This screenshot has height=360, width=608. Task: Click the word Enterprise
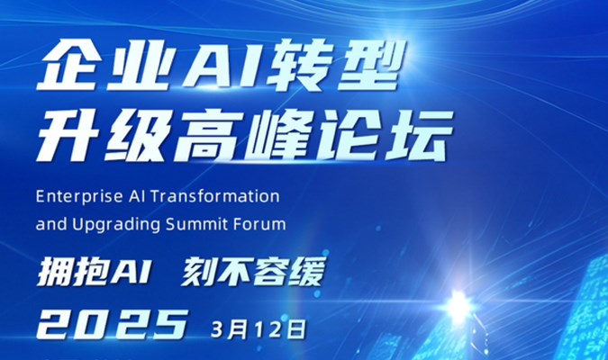(79, 197)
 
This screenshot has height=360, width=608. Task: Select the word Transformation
(215, 196)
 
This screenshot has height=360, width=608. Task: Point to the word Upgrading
(116, 225)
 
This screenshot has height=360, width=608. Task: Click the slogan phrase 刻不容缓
(253, 272)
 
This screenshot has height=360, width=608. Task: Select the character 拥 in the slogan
(54, 272)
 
